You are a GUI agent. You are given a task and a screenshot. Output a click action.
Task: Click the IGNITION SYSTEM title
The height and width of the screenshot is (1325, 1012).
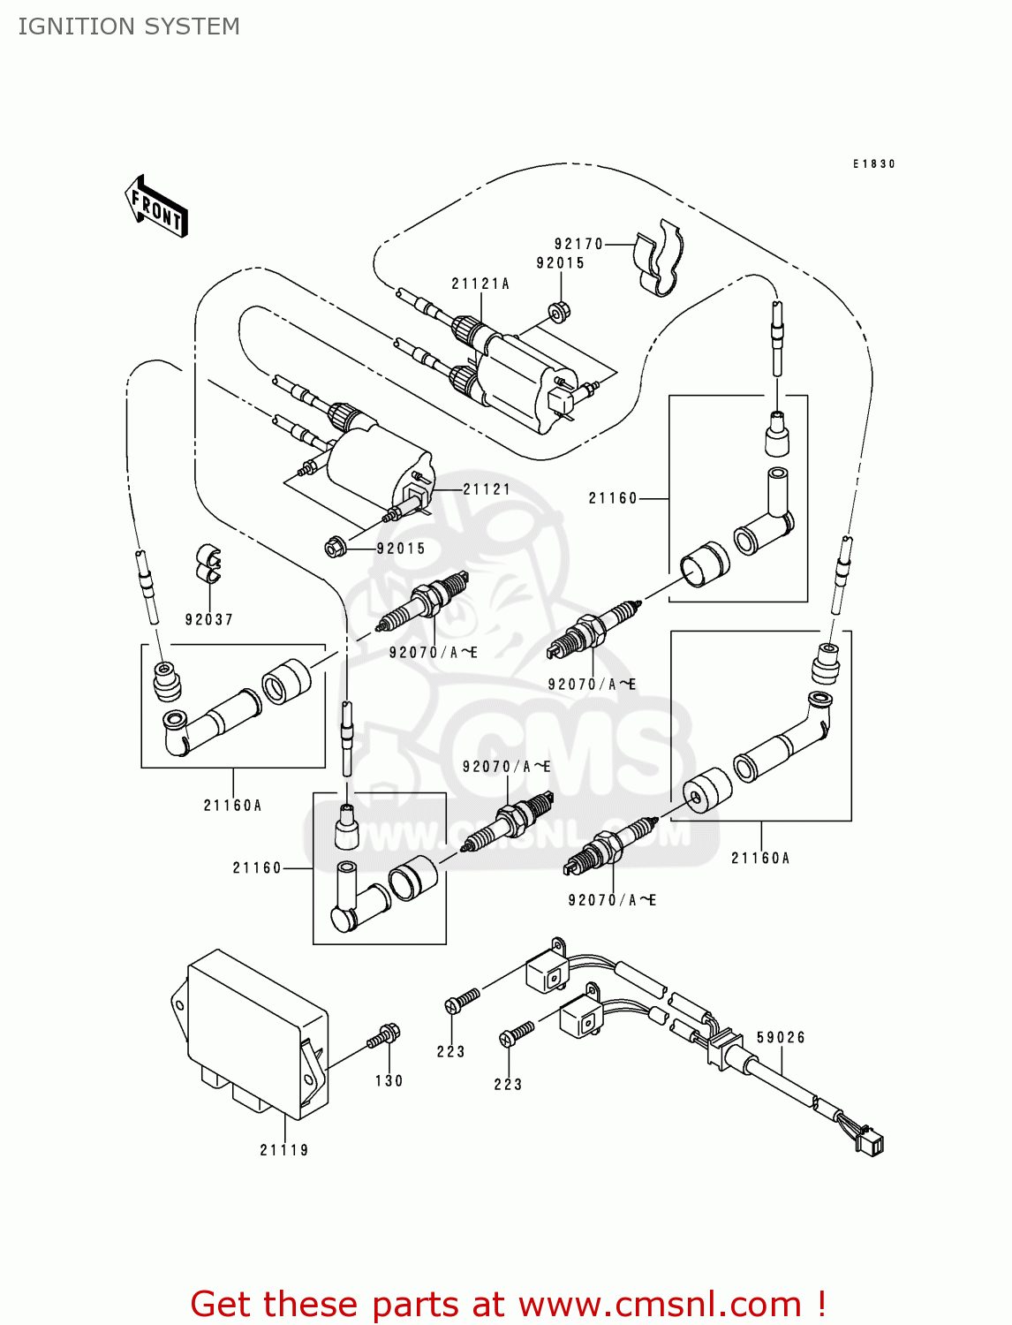point(129,26)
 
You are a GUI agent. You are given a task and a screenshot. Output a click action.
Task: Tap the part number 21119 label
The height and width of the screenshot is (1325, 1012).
point(284,1150)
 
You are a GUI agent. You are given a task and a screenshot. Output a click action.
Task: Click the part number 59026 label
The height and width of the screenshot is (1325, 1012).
point(781,1038)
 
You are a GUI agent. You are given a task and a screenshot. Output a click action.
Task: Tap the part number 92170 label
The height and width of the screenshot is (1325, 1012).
point(578,244)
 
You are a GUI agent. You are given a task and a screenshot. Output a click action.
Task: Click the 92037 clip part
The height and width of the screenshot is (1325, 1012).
point(208,564)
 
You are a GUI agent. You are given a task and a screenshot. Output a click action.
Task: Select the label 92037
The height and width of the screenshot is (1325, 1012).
point(209,620)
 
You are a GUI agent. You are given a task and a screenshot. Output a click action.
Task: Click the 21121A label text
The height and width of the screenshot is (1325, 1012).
point(480,284)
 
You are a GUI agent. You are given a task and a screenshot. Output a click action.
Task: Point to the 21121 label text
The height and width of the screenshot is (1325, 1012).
point(487,488)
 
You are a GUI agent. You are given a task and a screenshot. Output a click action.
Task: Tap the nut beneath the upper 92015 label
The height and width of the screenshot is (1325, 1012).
point(558,311)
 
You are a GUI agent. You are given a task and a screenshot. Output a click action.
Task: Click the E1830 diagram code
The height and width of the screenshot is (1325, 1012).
point(873,164)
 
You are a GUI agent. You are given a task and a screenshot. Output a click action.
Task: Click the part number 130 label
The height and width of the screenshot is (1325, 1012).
point(389,1081)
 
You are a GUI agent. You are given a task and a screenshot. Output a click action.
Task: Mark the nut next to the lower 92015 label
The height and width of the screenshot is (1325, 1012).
point(335,548)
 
